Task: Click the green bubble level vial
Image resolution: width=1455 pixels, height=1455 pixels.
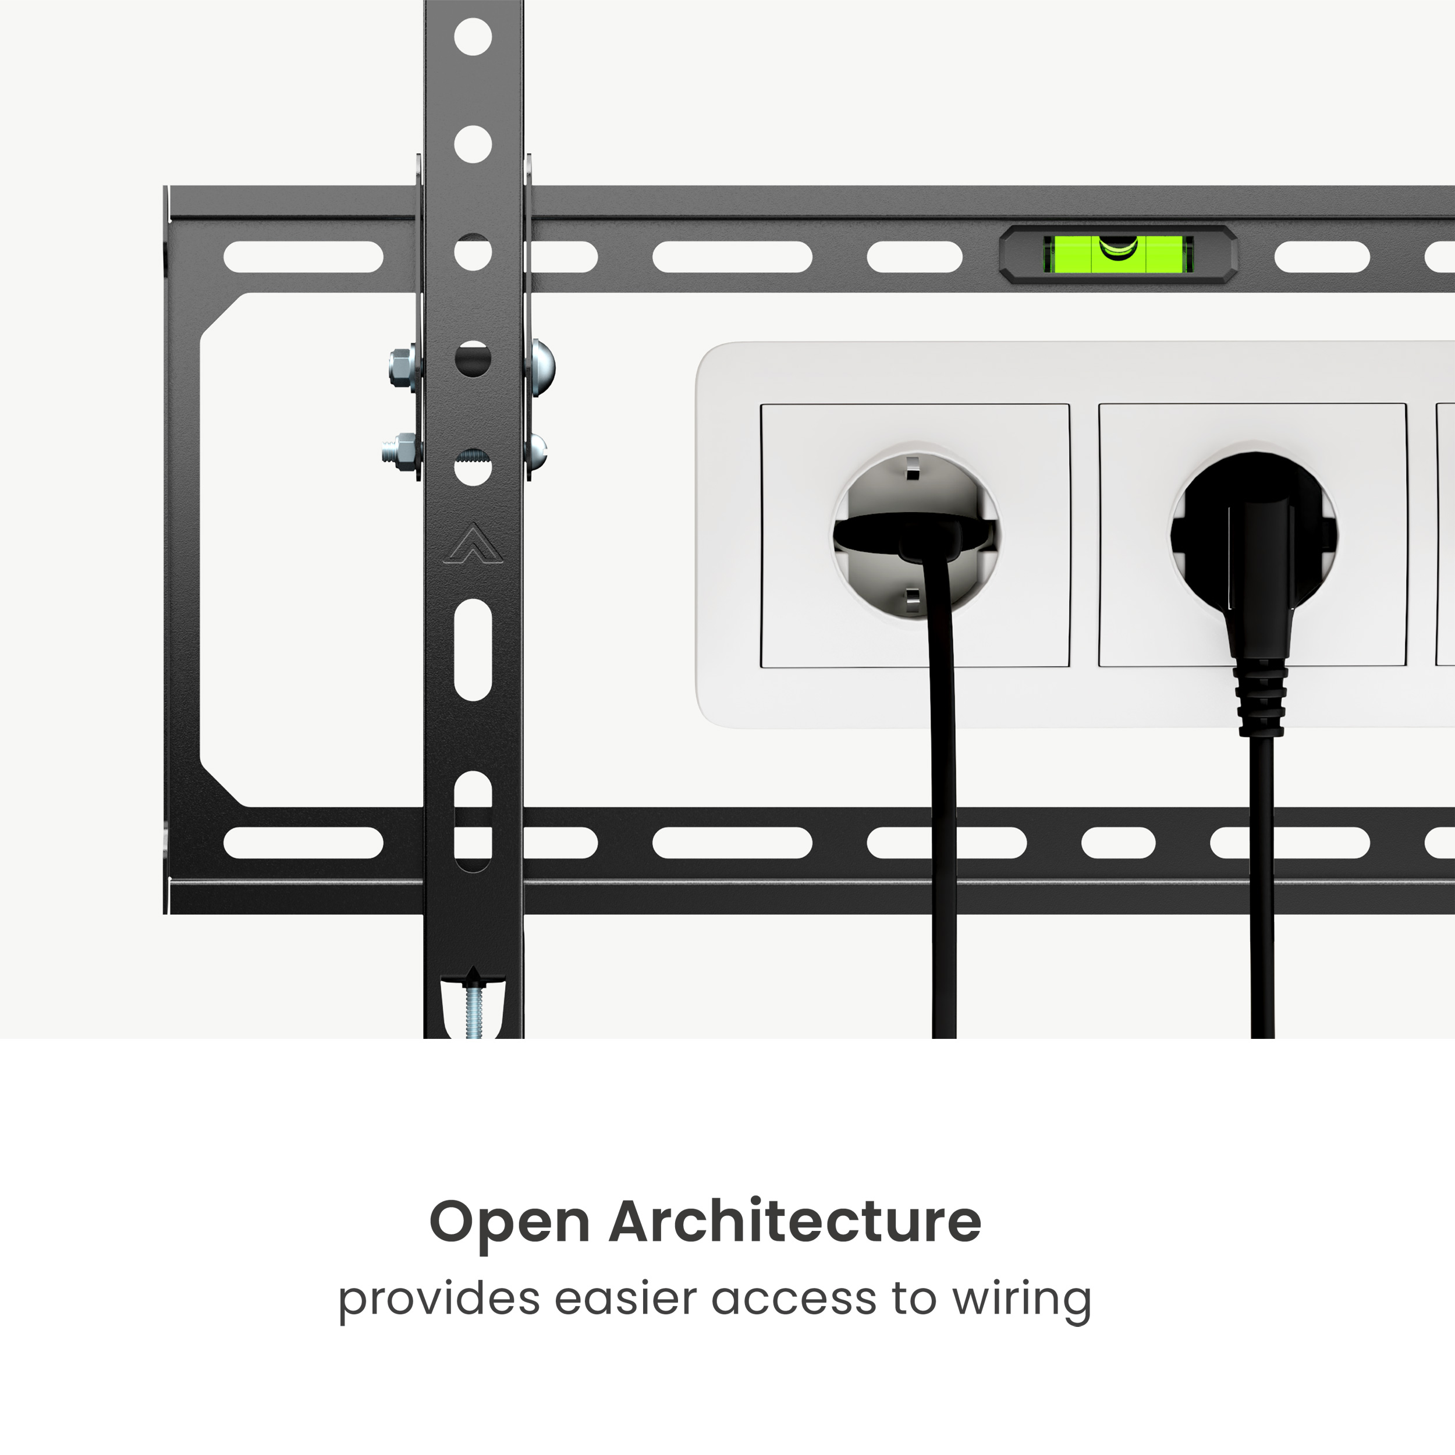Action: (1117, 254)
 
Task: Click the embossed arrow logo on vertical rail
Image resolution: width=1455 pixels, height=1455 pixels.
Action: (472, 543)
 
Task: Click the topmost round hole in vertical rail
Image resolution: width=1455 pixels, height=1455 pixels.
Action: (473, 37)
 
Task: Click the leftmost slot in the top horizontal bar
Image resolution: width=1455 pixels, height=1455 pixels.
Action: (303, 257)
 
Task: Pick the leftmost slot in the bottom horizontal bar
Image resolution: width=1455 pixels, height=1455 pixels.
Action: (303, 843)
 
